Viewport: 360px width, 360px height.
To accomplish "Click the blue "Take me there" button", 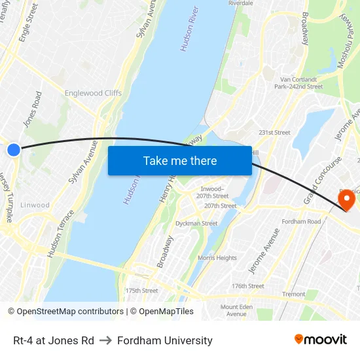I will [x=179, y=160].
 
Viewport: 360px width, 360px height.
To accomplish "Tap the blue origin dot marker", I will [x=14, y=150].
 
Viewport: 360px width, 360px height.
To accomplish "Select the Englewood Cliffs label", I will [x=93, y=93].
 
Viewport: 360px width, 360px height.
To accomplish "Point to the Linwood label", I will [x=35, y=205].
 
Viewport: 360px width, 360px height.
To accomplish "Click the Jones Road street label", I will [x=32, y=109].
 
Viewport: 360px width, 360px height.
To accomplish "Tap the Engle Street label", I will [x=28, y=23].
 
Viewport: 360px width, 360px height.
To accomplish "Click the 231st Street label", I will [x=274, y=132].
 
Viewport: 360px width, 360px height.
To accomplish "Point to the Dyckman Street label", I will [x=196, y=223].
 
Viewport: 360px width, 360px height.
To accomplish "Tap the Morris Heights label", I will [x=217, y=258].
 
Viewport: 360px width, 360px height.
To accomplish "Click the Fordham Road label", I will [x=300, y=222].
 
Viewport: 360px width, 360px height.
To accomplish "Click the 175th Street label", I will [x=141, y=290].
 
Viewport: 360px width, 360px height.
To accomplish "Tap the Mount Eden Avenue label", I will [x=238, y=310].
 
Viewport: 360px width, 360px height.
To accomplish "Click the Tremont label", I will [x=293, y=294].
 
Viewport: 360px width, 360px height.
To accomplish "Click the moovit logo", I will [x=320, y=340].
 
